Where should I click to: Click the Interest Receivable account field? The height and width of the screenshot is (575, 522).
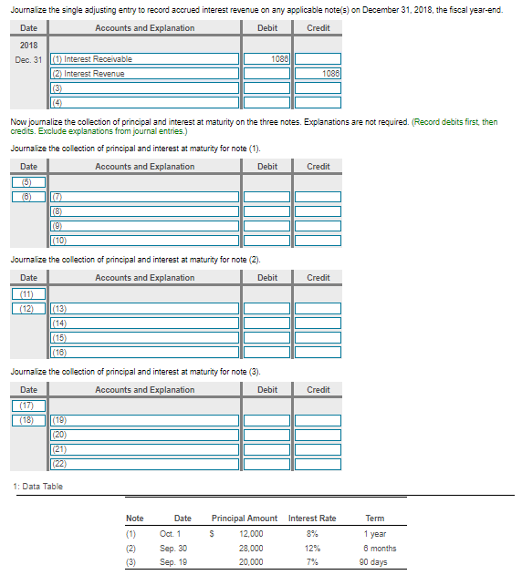(x=142, y=59)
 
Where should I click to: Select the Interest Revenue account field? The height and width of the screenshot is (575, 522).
(x=142, y=74)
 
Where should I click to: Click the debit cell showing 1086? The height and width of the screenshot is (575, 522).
(x=266, y=59)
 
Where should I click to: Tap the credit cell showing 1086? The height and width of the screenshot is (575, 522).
(x=318, y=74)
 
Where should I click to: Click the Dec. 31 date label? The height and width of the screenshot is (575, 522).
(x=28, y=59)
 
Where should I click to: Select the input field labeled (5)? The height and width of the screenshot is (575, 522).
(x=28, y=182)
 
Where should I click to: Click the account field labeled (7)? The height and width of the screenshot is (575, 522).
(x=142, y=197)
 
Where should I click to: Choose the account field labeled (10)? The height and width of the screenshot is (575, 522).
(x=142, y=240)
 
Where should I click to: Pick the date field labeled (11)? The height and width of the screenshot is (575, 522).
(x=28, y=294)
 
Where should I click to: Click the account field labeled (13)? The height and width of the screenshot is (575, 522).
(x=142, y=309)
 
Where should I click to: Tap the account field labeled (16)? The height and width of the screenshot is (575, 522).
(x=142, y=352)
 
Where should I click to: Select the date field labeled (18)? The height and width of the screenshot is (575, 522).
(x=28, y=420)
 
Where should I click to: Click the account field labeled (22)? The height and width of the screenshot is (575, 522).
(x=142, y=464)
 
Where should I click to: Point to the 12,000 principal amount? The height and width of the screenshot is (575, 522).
(x=251, y=534)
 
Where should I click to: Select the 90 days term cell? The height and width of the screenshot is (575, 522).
(x=375, y=562)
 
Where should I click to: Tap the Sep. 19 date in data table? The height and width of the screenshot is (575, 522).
(x=173, y=562)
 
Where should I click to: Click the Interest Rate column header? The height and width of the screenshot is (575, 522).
(x=312, y=519)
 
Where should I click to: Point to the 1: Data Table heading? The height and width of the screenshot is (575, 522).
(x=37, y=487)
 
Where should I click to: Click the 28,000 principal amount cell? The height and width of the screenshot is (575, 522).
(x=251, y=549)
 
